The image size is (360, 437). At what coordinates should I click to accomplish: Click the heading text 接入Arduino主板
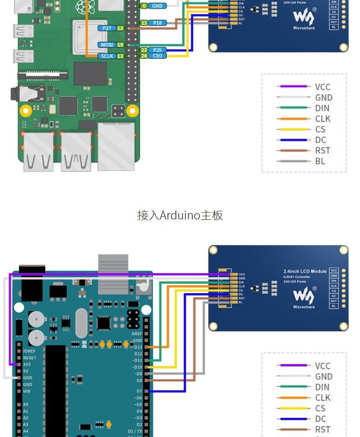pos(180,215)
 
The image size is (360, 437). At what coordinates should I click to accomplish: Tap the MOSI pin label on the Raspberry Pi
pos(107,45)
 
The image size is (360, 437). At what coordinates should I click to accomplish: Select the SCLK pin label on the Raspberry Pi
pos(107,56)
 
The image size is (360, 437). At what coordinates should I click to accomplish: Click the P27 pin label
pos(107,28)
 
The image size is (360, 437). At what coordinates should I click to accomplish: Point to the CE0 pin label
pos(157,56)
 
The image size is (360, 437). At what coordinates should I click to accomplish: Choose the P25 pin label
pos(157,50)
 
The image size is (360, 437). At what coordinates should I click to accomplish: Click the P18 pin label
pos(157,23)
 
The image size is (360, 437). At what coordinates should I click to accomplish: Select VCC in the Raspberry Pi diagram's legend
pos(323,87)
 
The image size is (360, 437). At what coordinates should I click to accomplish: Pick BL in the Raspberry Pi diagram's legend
pos(320,161)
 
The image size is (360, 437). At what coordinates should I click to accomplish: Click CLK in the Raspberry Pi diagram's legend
pos(323,119)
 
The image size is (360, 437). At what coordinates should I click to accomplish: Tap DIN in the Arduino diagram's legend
pos(322,387)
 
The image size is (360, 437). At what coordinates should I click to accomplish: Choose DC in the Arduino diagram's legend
pos(321,419)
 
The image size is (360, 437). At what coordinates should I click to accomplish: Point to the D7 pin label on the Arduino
pos(139,391)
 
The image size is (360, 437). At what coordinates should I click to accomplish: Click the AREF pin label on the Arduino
pos(137,334)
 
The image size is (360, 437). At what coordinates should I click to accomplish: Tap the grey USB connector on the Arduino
pos(113,273)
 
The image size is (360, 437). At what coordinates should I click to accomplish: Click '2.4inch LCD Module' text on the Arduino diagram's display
pos(305,271)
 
